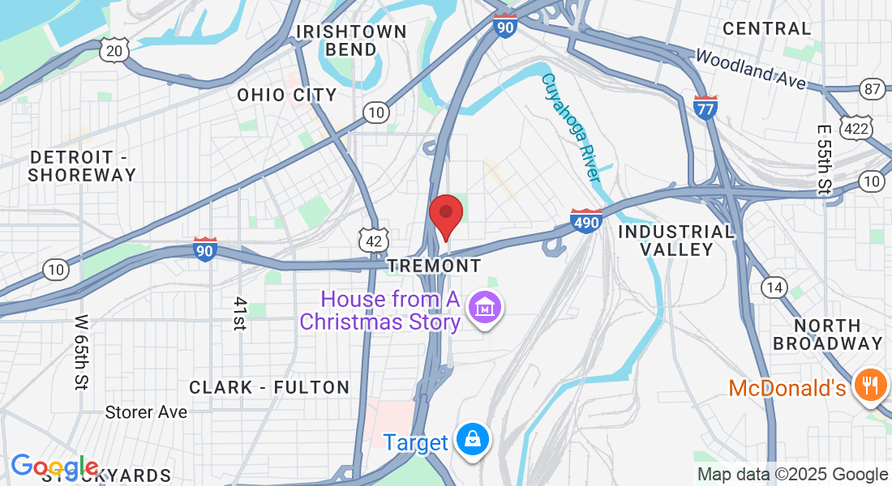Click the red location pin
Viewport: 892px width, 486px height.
click(445, 215)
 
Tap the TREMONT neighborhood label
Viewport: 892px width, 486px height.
click(434, 266)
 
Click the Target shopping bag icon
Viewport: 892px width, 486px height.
click(471, 440)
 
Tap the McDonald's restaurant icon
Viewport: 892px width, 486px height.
click(871, 384)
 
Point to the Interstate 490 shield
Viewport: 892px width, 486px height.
click(586, 220)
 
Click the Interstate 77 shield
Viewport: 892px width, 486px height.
click(705, 107)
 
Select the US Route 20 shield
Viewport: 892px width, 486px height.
click(114, 51)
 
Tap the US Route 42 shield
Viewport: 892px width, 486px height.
click(373, 240)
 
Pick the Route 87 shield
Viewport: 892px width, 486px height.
click(873, 89)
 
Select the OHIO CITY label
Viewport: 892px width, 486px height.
click(287, 95)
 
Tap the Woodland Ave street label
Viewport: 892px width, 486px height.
click(750, 70)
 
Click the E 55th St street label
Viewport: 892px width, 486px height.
click(824, 160)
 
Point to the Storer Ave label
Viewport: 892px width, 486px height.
click(146, 412)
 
